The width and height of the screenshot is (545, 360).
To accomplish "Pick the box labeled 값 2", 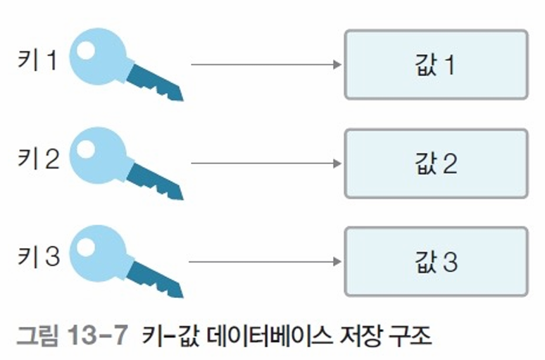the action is pos(436,163).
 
